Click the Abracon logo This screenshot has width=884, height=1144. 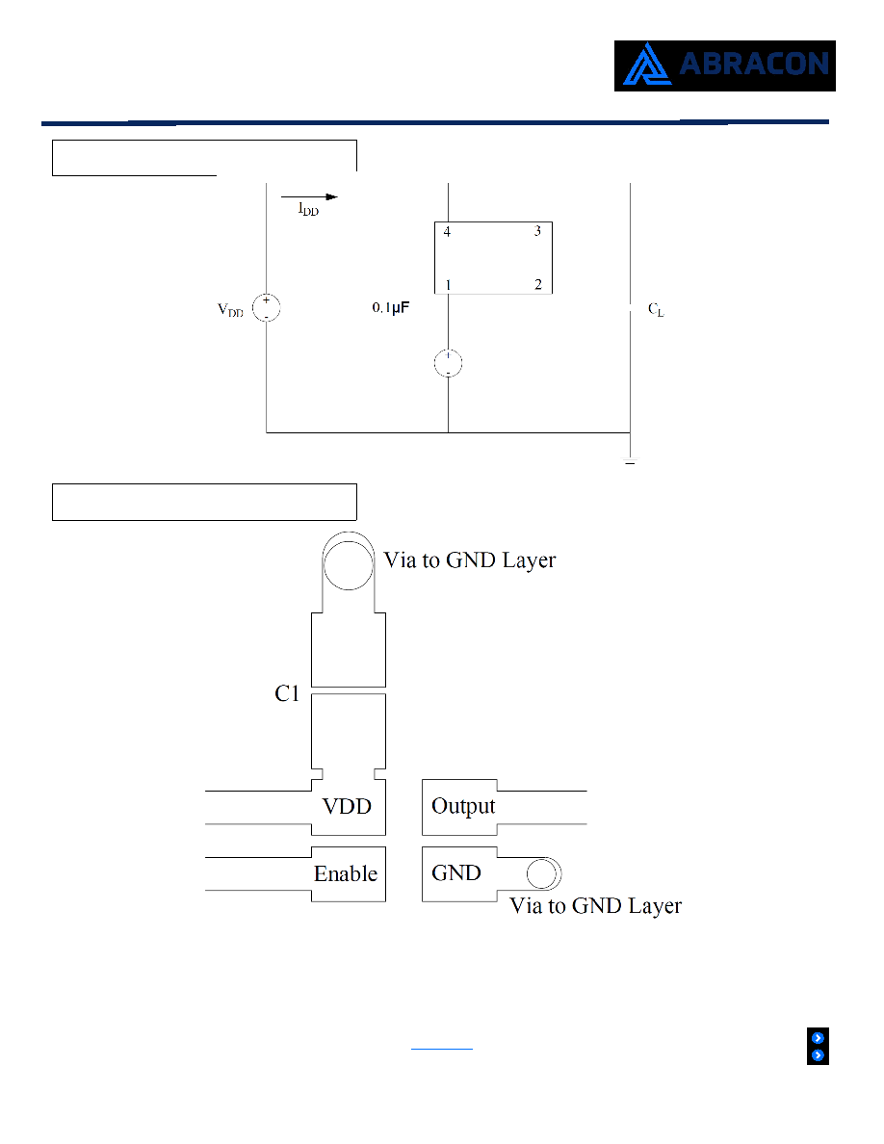point(724,65)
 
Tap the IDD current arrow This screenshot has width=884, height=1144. point(309,197)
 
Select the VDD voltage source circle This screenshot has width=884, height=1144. point(266,307)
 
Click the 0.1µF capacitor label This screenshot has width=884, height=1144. point(390,308)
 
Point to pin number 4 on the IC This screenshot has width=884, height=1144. point(447,231)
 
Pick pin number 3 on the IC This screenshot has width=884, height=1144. point(537,231)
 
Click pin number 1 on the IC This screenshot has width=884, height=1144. point(448,284)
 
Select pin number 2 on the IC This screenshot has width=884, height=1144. point(538,284)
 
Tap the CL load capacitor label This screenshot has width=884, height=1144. point(656,309)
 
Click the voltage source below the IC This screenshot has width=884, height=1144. point(448,363)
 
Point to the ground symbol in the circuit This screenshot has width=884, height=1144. point(630,462)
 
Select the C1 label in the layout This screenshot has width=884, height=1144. point(287,693)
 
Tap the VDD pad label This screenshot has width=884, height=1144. point(347,806)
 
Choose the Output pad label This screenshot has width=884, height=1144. point(463,806)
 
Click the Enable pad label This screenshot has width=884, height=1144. point(346,873)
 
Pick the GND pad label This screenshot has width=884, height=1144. point(455,872)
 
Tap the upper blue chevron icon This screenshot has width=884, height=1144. point(818,1038)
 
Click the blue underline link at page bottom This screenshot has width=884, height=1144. point(442,1049)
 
